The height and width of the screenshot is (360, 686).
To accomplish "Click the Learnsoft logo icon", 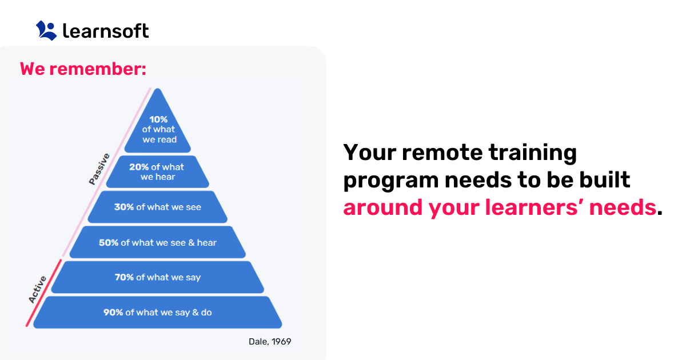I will tap(46, 30).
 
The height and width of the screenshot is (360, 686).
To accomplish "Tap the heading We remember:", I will tap(83, 69).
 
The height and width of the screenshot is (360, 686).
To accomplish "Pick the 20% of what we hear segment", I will tap(157, 172).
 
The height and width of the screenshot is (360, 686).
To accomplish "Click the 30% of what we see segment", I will tap(157, 207).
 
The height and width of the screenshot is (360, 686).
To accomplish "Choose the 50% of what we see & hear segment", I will tap(157, 242).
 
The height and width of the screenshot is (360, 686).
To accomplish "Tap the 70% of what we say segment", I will tap(157, 277).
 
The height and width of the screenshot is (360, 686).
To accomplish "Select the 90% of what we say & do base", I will tap(157, 313).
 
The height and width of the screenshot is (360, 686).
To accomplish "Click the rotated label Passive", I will tap(99, 169).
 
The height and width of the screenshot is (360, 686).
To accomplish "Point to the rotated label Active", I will tap(38, 290).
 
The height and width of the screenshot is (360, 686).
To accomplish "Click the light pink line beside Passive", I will tap(109, 171).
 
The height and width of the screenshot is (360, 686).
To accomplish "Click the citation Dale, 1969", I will tap(270, 342).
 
